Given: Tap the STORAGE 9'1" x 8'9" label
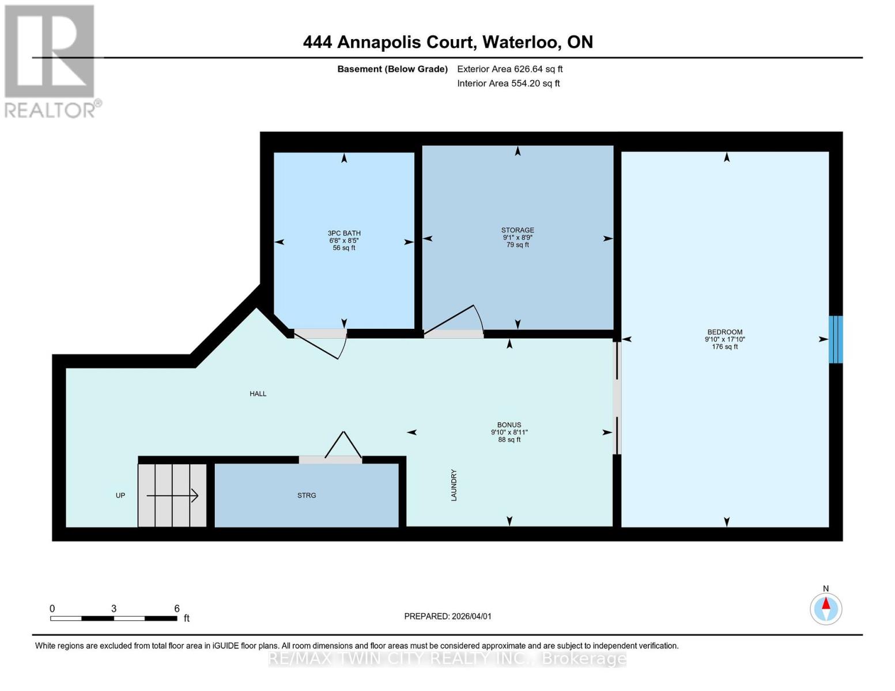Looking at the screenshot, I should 518,237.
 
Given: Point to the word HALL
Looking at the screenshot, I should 258,394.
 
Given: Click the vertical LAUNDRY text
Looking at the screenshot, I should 454,485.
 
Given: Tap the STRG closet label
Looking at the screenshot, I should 307,495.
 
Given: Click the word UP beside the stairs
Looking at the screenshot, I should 120,495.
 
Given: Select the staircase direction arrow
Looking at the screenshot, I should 172,495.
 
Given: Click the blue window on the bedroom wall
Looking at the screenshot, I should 835,339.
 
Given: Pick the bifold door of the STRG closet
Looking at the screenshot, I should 343,446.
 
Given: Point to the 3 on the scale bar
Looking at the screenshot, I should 114,609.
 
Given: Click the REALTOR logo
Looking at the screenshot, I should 50,60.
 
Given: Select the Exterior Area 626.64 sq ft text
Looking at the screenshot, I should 509,69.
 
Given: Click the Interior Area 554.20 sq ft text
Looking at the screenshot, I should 508,83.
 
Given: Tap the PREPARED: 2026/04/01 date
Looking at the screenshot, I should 448,616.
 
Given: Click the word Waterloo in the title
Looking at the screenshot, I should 520,42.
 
